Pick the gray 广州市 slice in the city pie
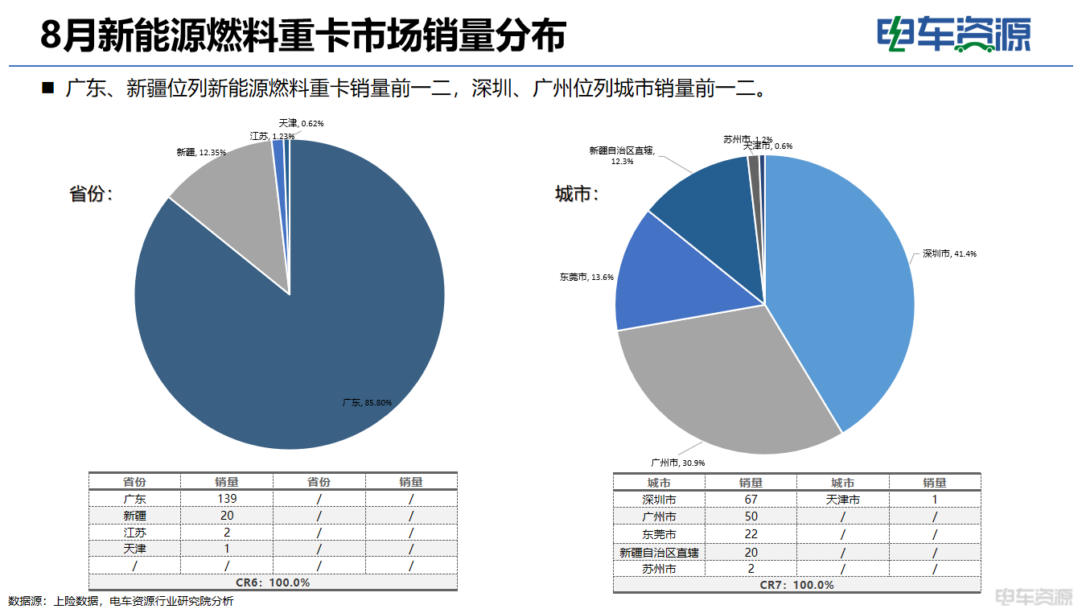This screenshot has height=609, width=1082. click(724, 386)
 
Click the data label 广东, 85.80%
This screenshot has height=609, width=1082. click(367, 402)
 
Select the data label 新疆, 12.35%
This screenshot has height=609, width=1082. click(201, 152)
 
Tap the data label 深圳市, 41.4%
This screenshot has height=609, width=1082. click(949, 254)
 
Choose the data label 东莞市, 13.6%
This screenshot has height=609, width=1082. click(586, 278)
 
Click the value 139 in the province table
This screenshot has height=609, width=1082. click(227, 499)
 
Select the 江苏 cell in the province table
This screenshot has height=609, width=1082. click(134, 532)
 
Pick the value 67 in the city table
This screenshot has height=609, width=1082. click(751, 500)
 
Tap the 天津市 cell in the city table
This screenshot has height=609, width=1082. click(842, 500)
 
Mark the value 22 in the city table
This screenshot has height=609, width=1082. click(751, 534)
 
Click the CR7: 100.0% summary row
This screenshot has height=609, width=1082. click(796, 585)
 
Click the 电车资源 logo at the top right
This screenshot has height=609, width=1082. click(953, 35)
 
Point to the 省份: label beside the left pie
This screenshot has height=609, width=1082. click(91, 194)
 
